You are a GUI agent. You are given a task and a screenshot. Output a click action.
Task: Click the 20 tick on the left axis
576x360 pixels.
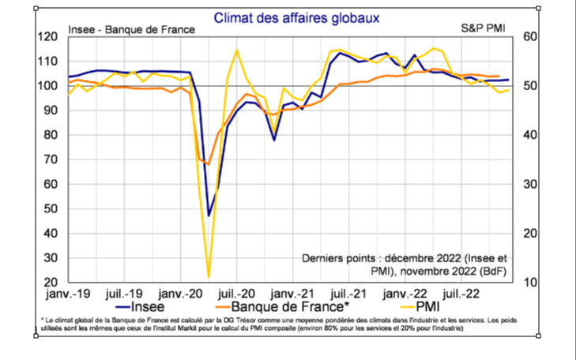[x=53, y=283]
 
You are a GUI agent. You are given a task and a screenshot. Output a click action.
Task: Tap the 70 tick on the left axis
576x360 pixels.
[x=53, y=159]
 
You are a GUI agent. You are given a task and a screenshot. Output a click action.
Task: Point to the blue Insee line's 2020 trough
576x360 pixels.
[x=209, y=215]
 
